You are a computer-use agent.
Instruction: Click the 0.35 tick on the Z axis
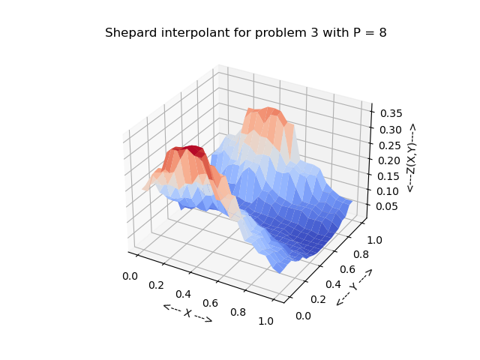[x=391, y=113]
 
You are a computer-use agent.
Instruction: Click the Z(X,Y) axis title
[x=411, y=157]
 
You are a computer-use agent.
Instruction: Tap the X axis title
[x=187, y=313]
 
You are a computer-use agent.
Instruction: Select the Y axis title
[x=354, y=286]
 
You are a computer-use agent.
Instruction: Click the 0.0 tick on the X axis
[x=130, y=276]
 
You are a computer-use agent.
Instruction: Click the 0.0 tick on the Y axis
[x=304, y=316]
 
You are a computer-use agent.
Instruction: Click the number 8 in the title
[x=382, y=33]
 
